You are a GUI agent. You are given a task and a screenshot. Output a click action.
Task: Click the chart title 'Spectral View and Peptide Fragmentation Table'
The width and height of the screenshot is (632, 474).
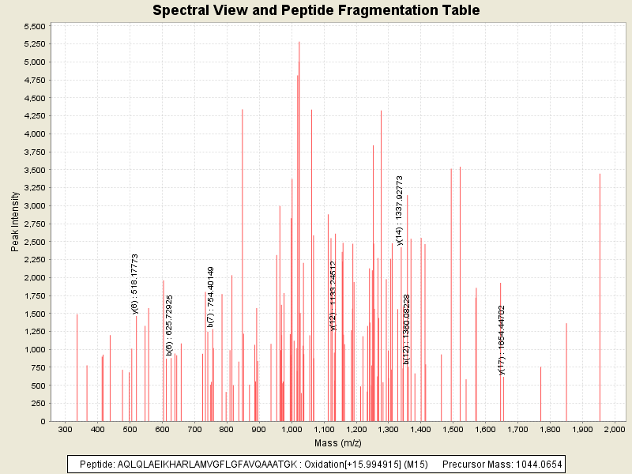(316, 11)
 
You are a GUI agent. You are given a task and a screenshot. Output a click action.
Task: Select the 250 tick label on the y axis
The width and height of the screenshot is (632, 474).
(38, 404)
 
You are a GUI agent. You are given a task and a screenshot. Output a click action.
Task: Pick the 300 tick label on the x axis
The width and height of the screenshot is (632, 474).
(65, 429)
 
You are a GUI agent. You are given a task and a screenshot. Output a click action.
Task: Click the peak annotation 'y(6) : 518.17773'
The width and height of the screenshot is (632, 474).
(135, 284)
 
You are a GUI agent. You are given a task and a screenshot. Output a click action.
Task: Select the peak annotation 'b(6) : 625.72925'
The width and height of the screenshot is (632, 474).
(169, 325)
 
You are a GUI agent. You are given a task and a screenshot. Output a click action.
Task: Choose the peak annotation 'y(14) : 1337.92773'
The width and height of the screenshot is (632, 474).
(400, 210)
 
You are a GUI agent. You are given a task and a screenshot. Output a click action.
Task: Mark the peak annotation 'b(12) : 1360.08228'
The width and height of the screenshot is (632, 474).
(407, 329)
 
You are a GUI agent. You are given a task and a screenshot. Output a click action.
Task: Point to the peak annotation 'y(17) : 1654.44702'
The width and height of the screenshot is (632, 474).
(502, 340)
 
